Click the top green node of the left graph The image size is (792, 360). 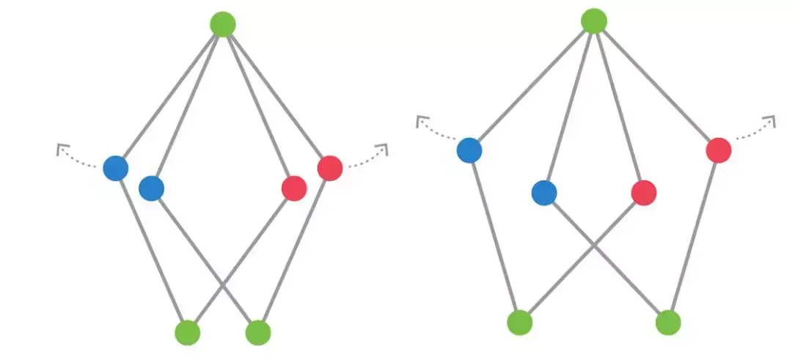pos(222,23)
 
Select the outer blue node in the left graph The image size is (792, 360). pos(116,168)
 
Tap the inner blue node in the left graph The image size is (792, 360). pos(151,188)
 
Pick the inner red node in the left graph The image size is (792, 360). pos(293,188)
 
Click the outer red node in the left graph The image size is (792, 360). pos(330,168)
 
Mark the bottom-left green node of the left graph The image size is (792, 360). pos(188,332)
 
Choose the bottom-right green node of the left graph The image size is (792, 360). pos(258,332)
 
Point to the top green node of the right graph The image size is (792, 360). pos(594,21)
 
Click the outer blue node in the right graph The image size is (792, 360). pos(469,150)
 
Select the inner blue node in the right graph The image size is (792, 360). pos(544,193)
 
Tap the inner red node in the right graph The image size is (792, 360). pos(643,193)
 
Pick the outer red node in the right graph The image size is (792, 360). pos(719,150)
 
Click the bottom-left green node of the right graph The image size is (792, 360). pos(519,322)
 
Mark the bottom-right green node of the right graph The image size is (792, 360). pos(668,322)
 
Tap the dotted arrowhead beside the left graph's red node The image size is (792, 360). pos(382,149)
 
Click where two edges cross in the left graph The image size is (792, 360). pos(223,283)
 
